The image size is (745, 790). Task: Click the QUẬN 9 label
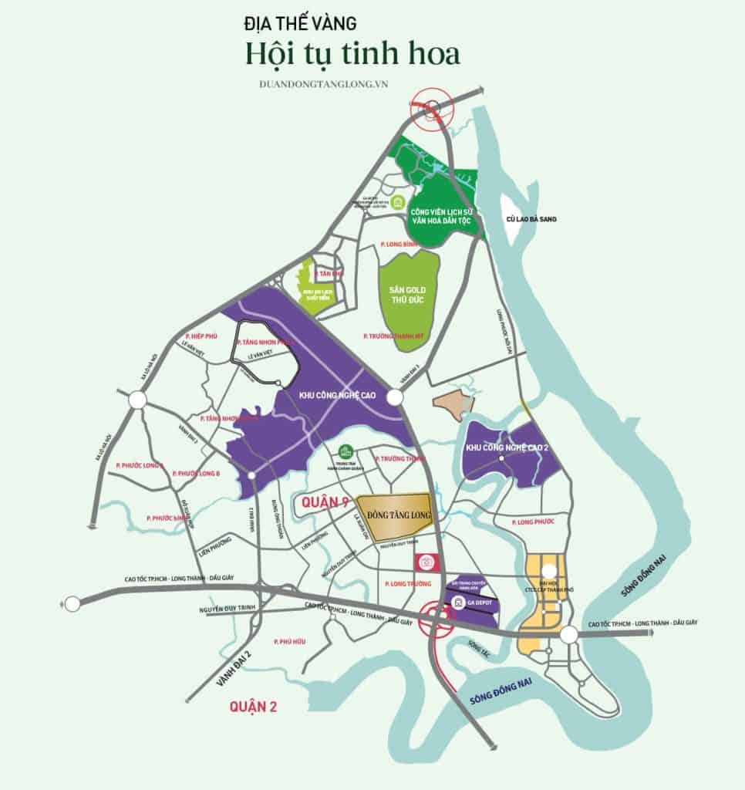(322, 503)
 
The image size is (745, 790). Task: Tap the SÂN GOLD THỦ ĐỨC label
(408, 294)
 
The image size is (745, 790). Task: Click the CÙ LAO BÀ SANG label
(531, 220)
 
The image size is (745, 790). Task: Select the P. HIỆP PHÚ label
(203, 336)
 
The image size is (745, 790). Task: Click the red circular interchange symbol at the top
(427, 109)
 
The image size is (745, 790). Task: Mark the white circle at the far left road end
(72, 603)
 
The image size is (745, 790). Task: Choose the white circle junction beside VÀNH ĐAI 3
(395, 397)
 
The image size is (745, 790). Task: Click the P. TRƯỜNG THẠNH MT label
(393, 336)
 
